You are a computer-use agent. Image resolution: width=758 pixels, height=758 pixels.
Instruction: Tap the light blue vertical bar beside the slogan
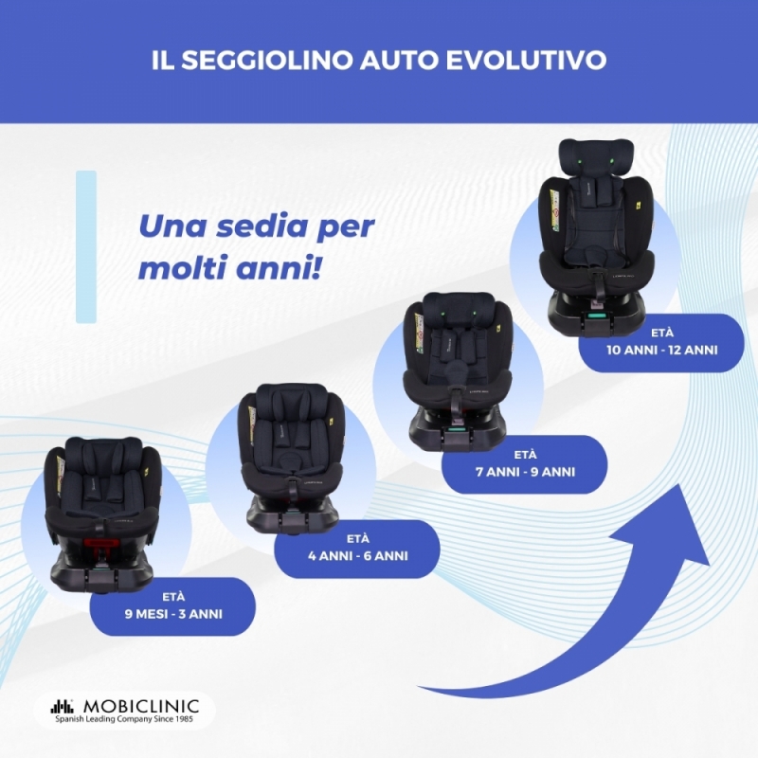click(86, 246)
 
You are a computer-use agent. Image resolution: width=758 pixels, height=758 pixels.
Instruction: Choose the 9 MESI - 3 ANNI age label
click(173, 606)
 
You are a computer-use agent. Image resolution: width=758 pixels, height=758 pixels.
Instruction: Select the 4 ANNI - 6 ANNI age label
click(358, 548)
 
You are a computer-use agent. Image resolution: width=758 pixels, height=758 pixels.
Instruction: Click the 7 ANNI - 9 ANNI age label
click(525, 464)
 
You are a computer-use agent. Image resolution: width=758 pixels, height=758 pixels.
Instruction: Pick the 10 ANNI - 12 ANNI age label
click(661, 342)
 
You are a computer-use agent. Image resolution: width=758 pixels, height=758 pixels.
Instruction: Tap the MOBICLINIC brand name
click(141, 706)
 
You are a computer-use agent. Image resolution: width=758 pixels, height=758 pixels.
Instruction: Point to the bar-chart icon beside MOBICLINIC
click(63, 706)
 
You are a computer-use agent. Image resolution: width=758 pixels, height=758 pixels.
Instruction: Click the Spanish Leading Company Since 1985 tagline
click(124, 719)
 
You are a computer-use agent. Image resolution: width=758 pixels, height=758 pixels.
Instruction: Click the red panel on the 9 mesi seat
click(101, 542)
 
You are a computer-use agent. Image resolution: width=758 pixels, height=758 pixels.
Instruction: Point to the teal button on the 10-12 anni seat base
click(597, 316)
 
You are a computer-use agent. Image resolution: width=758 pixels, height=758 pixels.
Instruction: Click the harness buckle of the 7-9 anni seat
click(454, 371)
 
